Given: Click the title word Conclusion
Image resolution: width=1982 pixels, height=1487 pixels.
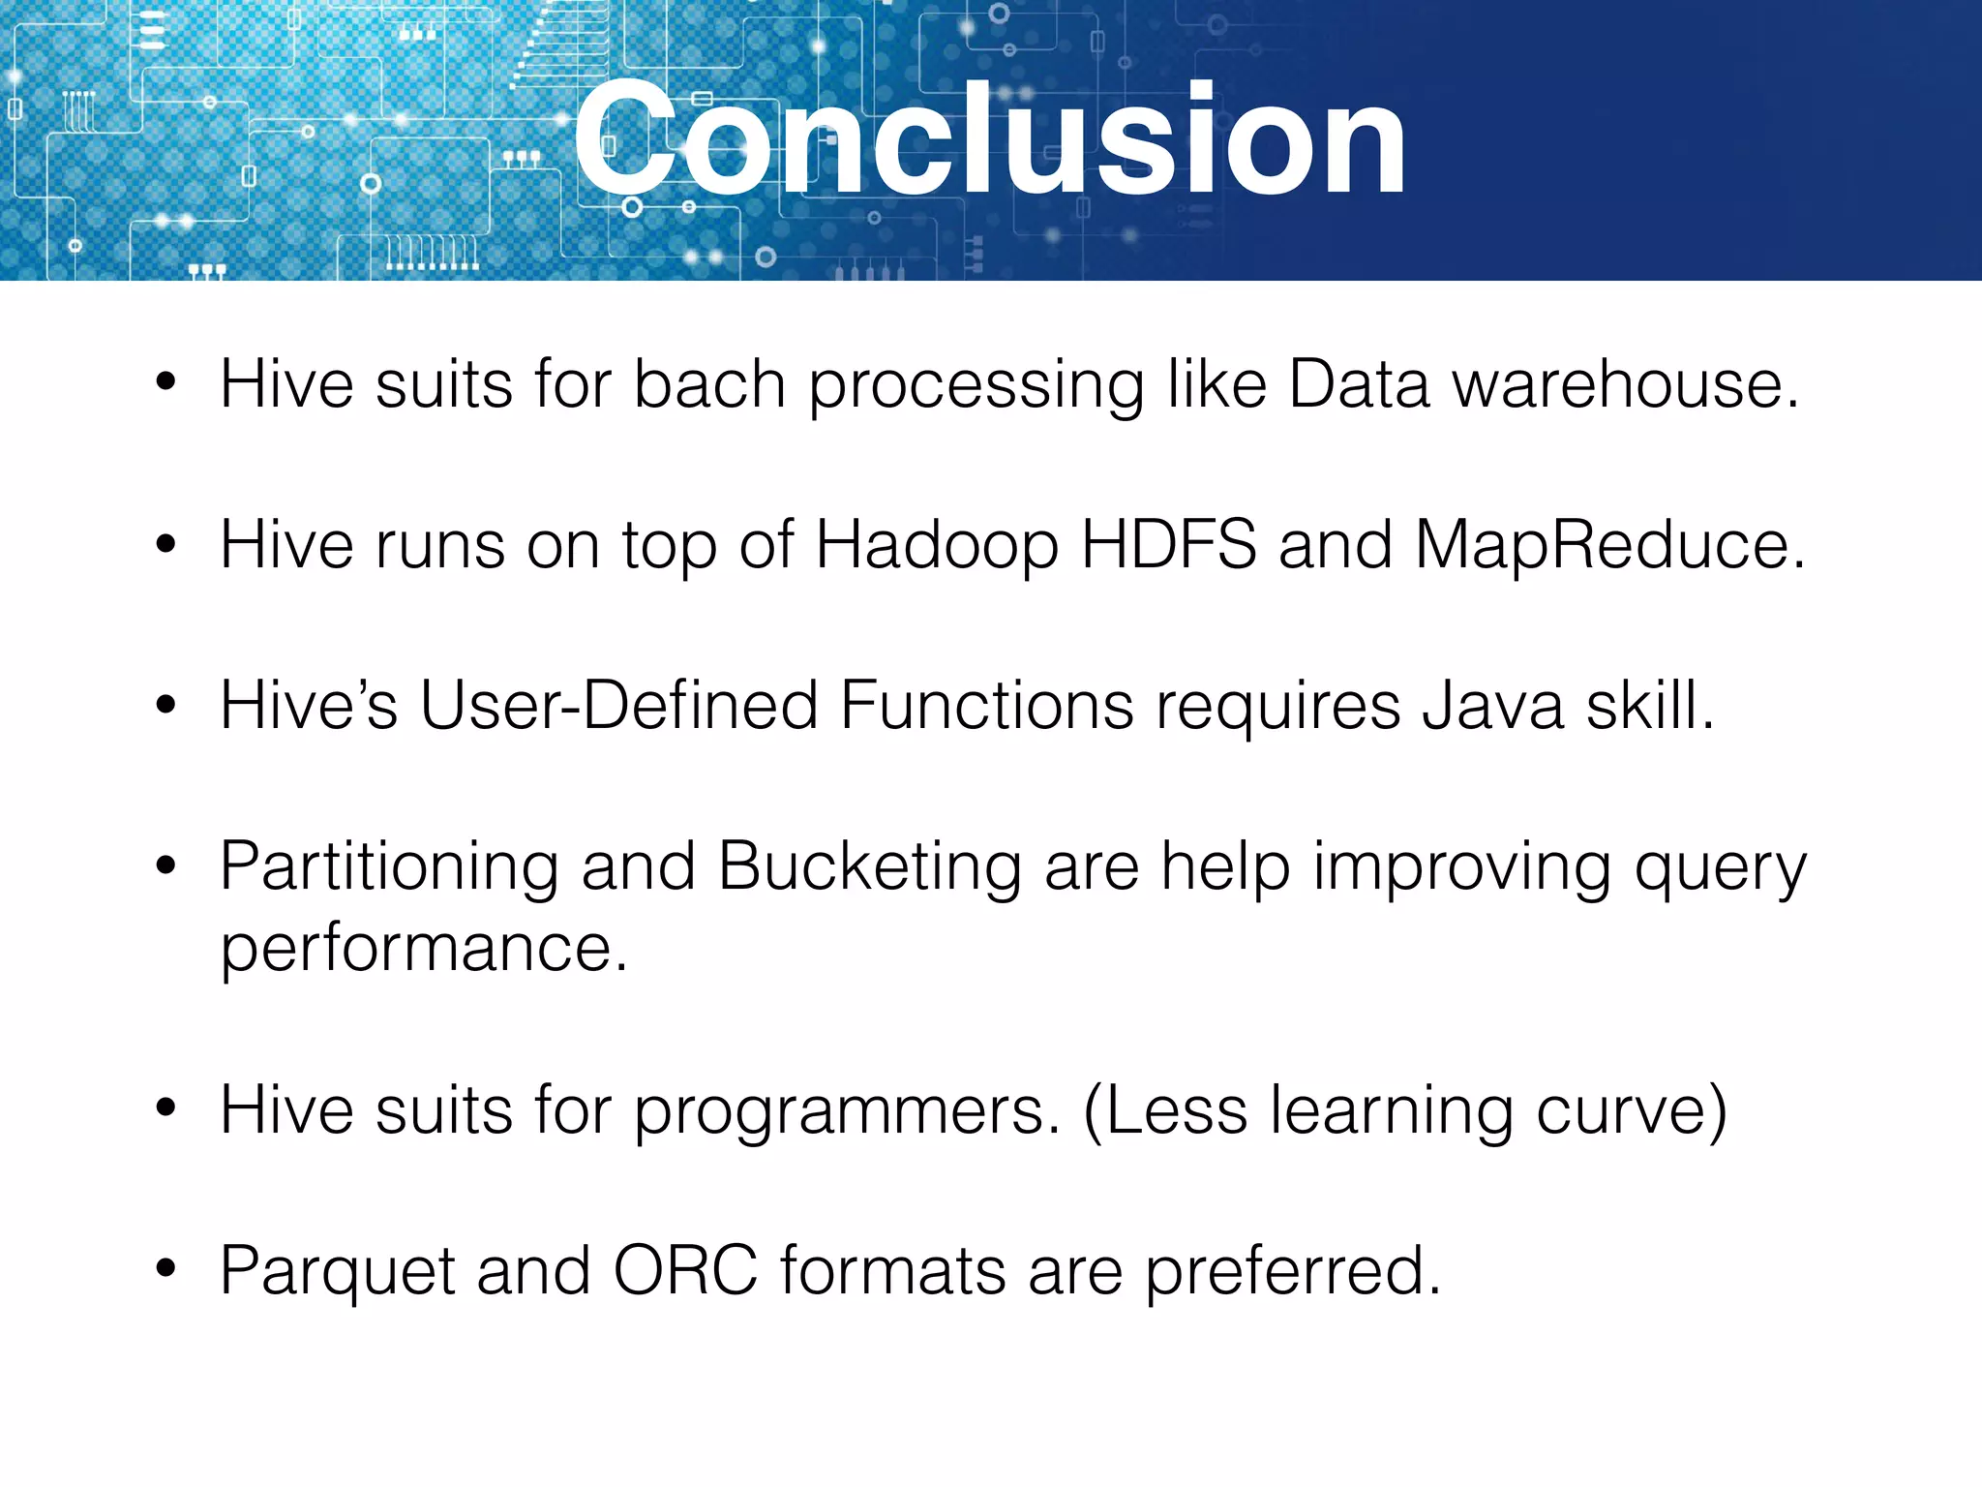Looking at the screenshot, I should click(x=989, y=140).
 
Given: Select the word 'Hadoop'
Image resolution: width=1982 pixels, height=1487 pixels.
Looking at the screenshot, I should click(x=937, y=546).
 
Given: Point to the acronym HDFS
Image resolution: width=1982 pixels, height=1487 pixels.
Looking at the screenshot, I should click(x=1168, y=544).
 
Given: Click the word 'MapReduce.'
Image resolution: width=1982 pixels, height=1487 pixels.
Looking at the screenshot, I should click(x=1609, y=546).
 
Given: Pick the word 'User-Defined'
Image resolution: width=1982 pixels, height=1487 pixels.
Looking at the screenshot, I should click(x=617, y=705).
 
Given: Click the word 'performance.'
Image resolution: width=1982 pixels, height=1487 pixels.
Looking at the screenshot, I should click(x=424, y=949).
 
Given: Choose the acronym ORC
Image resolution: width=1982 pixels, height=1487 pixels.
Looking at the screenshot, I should click(x=685, y=1270).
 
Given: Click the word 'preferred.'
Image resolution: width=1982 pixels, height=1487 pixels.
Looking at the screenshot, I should click(x=1293, y=1272).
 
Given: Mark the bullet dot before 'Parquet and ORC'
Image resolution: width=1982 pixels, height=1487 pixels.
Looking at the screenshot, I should click(x=165, y=1267).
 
